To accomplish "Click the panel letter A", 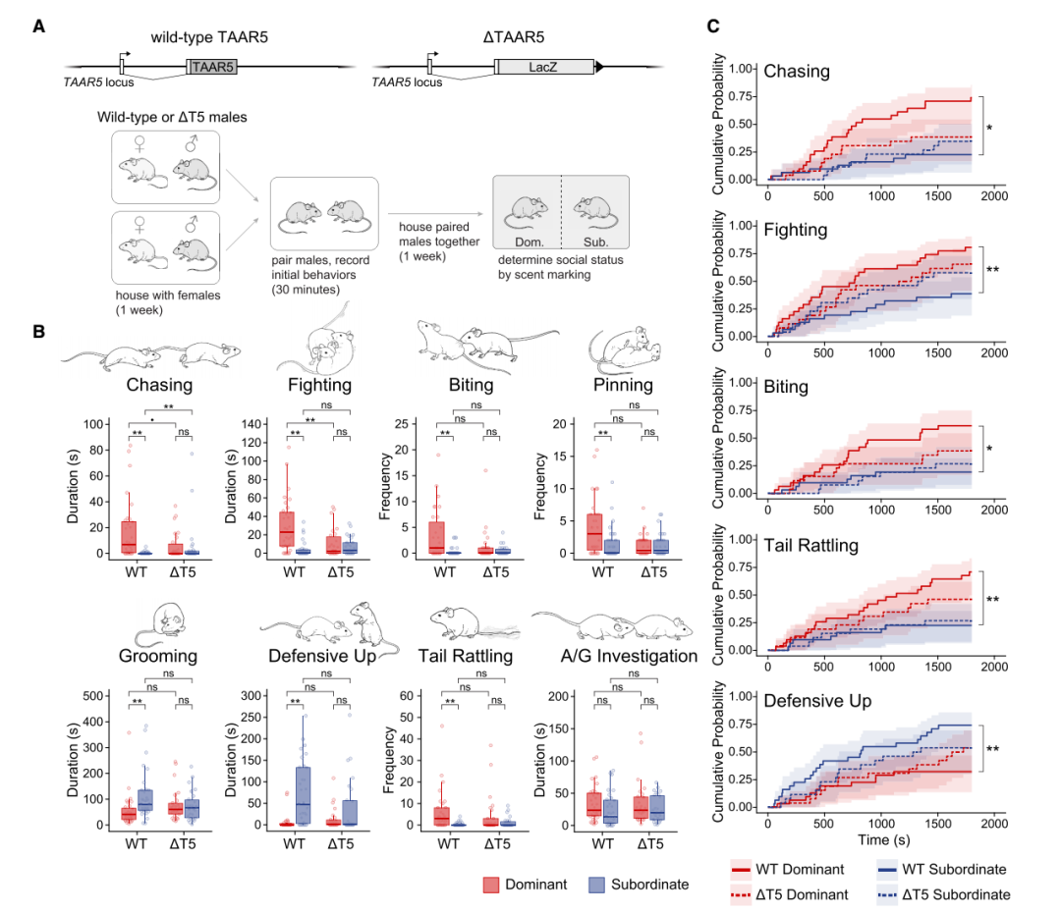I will pos(38,27).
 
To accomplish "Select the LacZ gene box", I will pos(546,67).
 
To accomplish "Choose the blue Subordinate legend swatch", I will pos(596,885).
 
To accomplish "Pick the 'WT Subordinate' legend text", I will pos(957,869).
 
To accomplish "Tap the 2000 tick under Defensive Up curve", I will pos(994,823).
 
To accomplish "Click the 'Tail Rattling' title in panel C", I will pos(810,545).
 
